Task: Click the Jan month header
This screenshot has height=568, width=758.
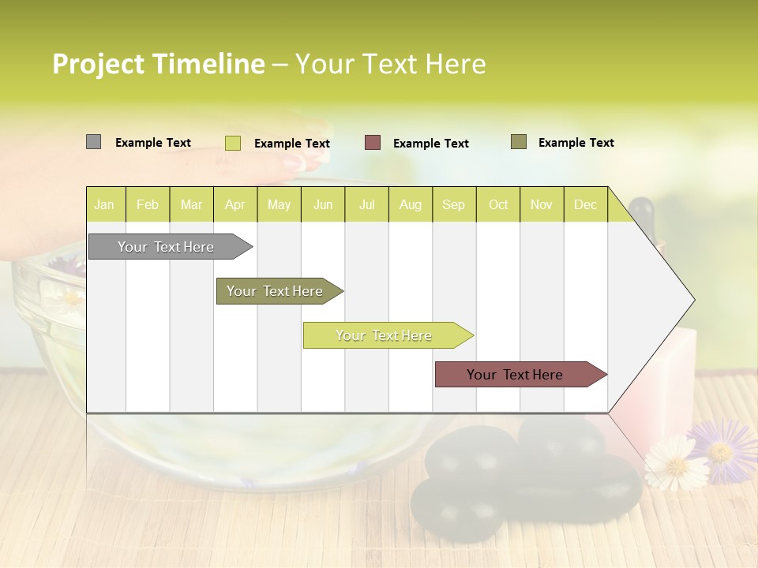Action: pos(104,205)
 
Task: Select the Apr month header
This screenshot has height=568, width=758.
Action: pos(235,205)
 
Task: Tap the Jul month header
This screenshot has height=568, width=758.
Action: pos(366,205)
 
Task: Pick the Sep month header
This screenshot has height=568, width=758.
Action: pos(453,205)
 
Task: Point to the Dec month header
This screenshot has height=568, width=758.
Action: pos(585,205)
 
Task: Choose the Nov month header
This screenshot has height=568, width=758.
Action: pos(541,205)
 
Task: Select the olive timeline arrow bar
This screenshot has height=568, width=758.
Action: pos(276,291)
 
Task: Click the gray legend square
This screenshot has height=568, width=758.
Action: pos(93,142)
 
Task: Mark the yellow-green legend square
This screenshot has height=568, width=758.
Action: pos(233,143)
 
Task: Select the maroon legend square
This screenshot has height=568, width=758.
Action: pos(373,143)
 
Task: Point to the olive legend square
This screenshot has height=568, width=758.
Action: pos(519,142)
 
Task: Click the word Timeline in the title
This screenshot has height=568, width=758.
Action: pos(208,64)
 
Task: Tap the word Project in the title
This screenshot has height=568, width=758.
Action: pos(99,64)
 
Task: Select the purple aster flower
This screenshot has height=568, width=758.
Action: pos(721,450)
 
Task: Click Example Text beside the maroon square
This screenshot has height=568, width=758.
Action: pos(431,144)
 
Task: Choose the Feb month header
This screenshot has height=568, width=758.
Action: pos(148,205)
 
